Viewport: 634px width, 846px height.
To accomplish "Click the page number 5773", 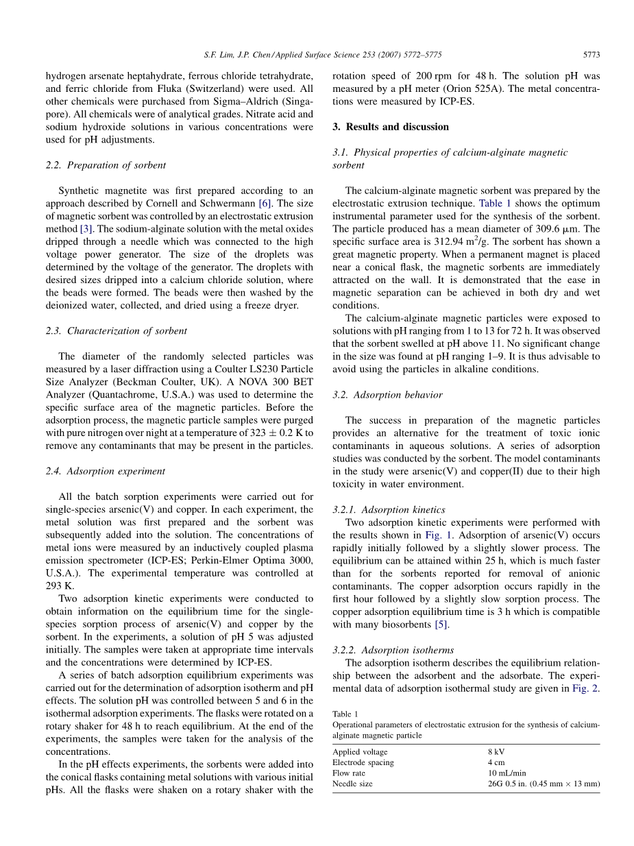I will [591, 53].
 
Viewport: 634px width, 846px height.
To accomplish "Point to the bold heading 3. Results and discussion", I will [390, 127].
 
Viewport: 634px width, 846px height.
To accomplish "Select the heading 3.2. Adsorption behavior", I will [387, 395].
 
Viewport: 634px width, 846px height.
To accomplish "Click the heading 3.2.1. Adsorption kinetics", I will [389, 509].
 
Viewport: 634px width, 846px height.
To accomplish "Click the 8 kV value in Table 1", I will [496, 752].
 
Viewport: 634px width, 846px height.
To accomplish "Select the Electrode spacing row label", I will [363, 762].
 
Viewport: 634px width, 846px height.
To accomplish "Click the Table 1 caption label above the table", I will [344, 714].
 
